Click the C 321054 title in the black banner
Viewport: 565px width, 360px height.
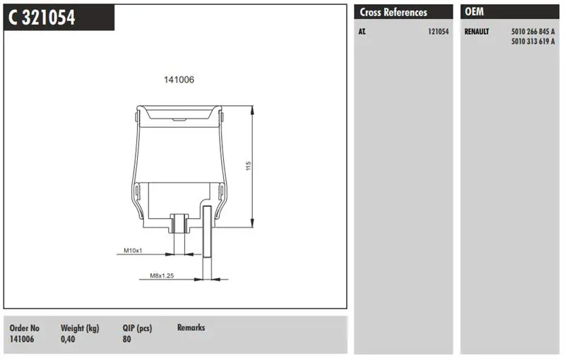point(42,17)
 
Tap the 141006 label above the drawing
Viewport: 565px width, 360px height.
point(179,80)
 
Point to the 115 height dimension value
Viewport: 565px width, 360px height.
point(249,166)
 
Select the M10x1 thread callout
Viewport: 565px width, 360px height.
point(133,251)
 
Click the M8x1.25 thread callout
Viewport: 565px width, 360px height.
point(162,276)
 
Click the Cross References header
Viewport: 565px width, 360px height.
point(393,12)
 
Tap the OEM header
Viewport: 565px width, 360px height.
point(474,12)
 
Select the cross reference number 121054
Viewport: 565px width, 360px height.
point(438,32)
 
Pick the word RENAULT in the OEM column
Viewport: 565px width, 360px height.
point(477,32)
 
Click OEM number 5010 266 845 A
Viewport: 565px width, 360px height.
point(533,32)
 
